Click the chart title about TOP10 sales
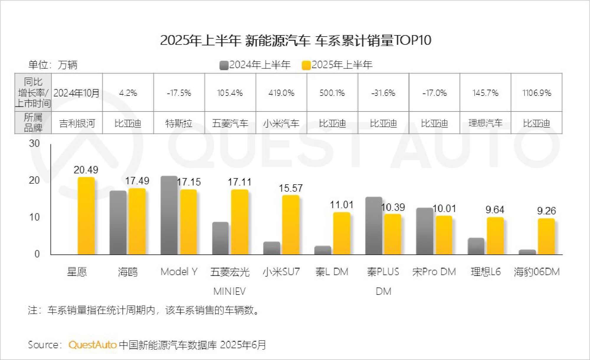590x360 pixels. click(295, 40)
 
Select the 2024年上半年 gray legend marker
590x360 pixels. click(224, 65)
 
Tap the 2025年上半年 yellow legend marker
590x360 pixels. click(306, 65)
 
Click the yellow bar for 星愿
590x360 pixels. click(86, 216)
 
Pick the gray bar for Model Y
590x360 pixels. click(169, 216)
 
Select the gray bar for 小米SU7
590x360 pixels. click(271, 248)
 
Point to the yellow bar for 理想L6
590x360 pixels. click(495, 236)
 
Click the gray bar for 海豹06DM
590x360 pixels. click(527, 252)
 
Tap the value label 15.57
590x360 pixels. click(291, 188)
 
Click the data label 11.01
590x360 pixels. click(341, 205)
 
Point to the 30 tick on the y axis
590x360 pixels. click(34, 144)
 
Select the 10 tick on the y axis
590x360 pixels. click(34, 217)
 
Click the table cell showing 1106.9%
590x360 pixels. click(536, 93)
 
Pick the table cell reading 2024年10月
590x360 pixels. click(77, 93)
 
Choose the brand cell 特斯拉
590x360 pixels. click(179, 123)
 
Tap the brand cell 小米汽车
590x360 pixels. click(281, 123)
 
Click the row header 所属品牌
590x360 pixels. click(33, 123)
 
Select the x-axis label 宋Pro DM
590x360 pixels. click(434, 272)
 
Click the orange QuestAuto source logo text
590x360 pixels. click(93, 345)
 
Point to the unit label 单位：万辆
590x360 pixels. click(53, 65)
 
